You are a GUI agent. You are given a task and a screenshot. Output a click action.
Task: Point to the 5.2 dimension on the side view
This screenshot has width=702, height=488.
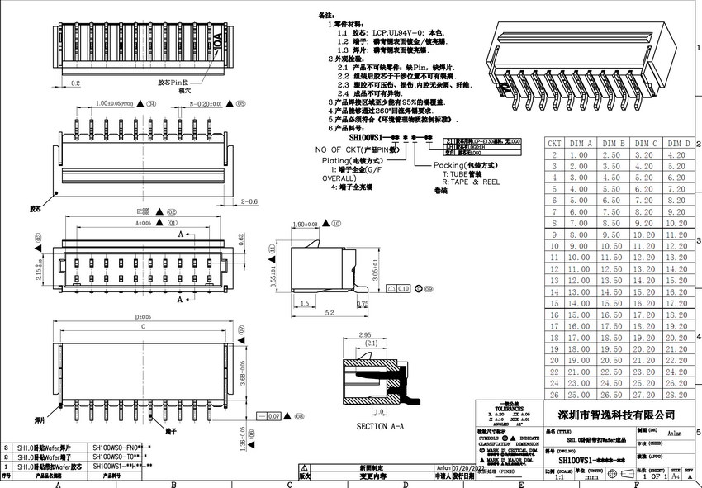(329, 313)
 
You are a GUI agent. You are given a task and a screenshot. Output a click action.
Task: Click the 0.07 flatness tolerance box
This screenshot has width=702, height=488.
(274, 417)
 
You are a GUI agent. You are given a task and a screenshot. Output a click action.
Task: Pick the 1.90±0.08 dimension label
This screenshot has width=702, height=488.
(307, 224)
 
